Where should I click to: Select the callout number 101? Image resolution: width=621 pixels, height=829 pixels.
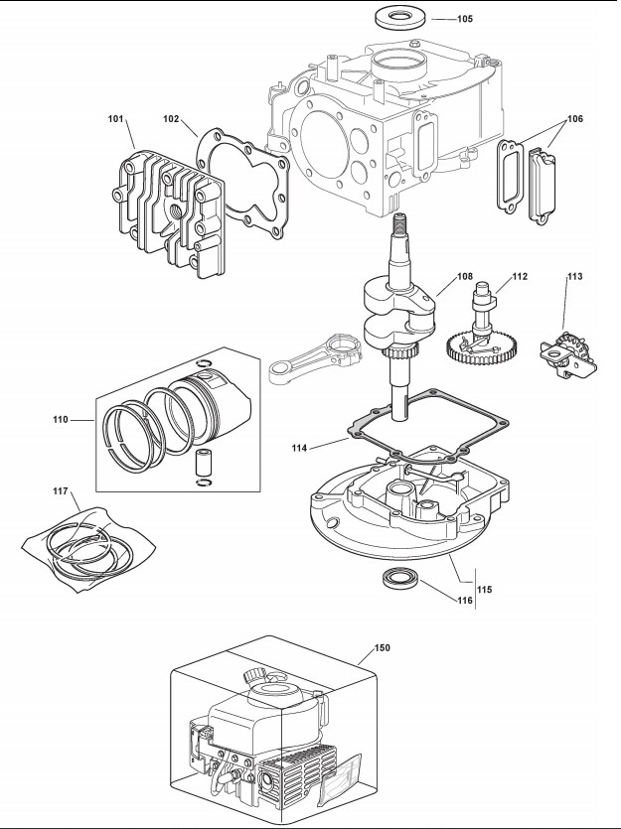click(x=116, y=120)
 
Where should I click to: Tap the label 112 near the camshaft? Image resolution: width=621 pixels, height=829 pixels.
click(x=519, y=276)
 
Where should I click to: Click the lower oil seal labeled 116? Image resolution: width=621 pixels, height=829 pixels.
click(x=398, y=580)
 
